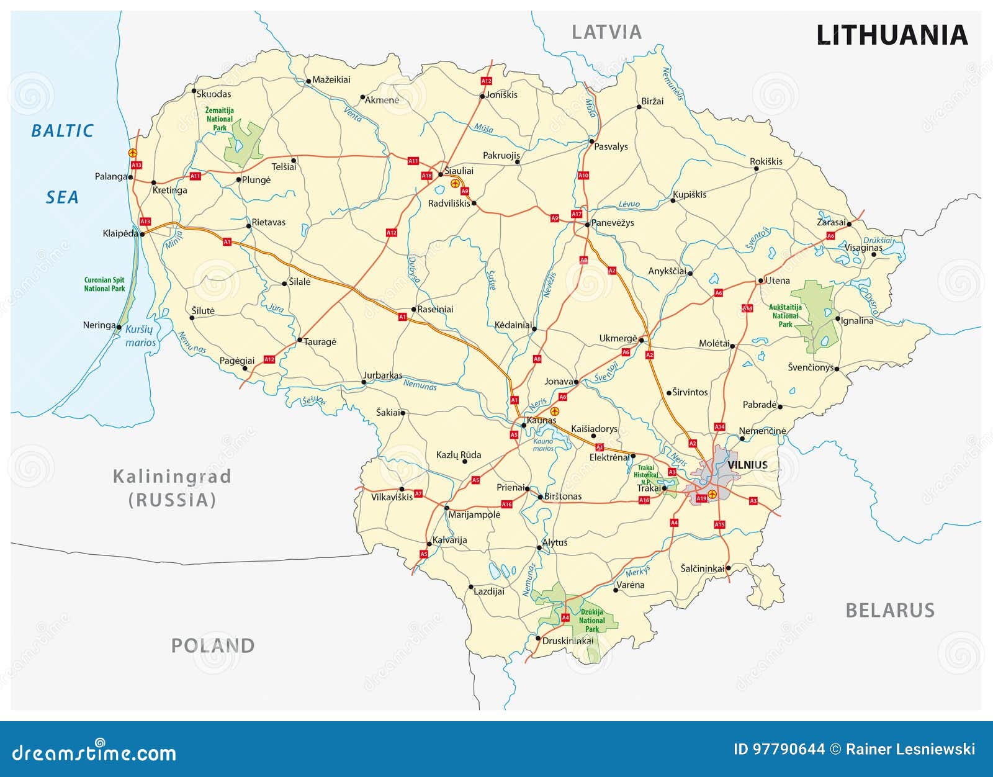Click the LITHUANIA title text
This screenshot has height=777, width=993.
coord(891,35)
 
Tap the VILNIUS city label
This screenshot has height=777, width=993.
coord(747,465)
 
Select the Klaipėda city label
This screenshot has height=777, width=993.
coord(120,233)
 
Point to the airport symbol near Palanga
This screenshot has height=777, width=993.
coord(132,152)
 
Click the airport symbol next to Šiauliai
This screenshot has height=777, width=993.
coord(455,183)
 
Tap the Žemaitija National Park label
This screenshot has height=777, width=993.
coord(220,119)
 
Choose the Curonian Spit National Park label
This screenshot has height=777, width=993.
coord(104,284)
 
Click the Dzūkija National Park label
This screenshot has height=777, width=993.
coord(591,621)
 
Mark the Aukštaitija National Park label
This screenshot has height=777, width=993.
coord(785,315)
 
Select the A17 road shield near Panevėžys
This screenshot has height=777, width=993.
coord(577,214)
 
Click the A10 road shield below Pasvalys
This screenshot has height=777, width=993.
coord(583,176)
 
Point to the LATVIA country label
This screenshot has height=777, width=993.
coord(606,32)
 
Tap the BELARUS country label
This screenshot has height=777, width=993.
coord(890,611)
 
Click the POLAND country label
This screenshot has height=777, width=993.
coord(213,646)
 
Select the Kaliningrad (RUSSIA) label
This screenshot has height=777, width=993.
coord(172,488)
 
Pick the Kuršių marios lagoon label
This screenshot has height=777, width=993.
coord(140,336)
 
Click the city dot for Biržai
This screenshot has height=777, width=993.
coord(639,107)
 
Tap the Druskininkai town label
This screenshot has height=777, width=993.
coord(567,640)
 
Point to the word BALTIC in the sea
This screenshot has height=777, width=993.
coord(62,131)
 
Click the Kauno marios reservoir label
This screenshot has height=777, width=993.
coord(543,444)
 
